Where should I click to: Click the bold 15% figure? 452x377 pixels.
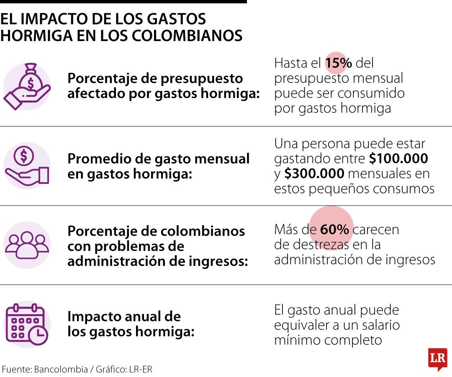point(339,63)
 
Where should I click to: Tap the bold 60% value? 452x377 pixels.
point(334,230)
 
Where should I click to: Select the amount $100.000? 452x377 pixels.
point(398,159)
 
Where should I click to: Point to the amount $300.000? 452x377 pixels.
point(314,173)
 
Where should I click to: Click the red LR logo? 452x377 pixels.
point(437,358)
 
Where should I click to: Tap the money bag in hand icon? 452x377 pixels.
point(27,87)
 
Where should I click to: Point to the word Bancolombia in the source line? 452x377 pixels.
point(61,369)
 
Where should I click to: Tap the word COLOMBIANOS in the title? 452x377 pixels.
point(187,36)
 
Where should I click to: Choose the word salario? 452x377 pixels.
point(375,325)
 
